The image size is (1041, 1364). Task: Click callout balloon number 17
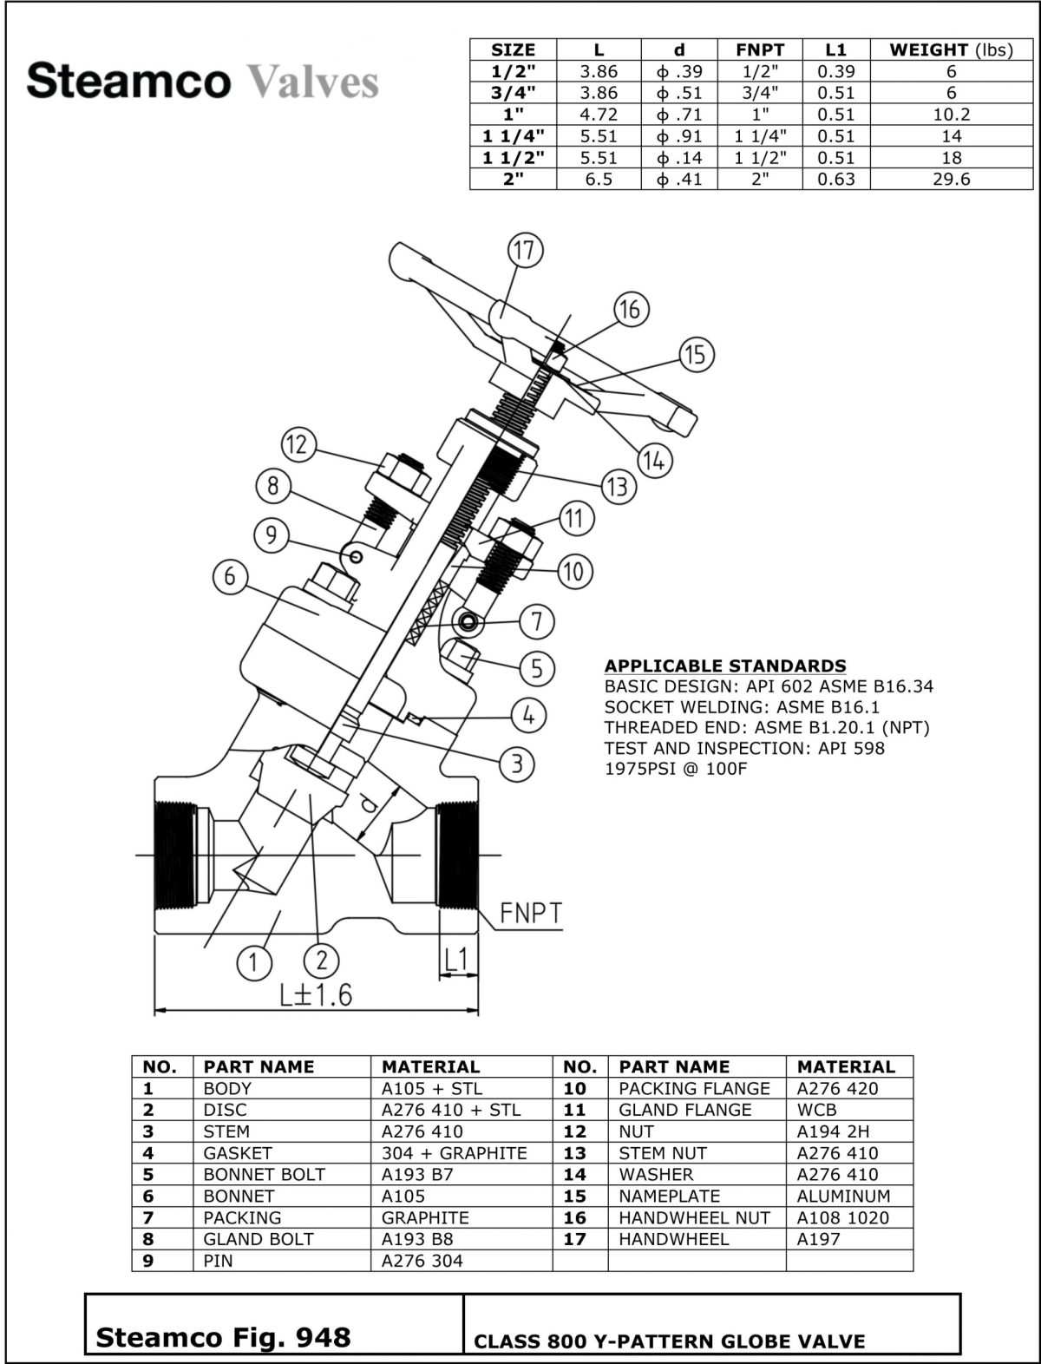(x=524, y=252)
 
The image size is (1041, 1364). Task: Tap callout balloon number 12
(x=297, y=445)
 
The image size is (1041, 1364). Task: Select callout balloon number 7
(x=537, y=621)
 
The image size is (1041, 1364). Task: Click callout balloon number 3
(x=517, y=764)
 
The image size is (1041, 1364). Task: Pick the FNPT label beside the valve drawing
(x=531, y=914)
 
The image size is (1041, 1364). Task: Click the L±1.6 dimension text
(x=316, y=993)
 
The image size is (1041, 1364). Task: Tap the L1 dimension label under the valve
(x=456, y=959)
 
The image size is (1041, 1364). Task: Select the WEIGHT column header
(x=951, y=49)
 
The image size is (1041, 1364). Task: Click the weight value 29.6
(x=951, y=180)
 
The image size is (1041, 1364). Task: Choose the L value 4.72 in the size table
(x=599, y=115)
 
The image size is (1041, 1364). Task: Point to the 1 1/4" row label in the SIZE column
(x=513, y=136)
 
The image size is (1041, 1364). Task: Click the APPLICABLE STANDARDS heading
(x=725, y=666)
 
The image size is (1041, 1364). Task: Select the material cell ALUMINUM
(x=843, y=1196)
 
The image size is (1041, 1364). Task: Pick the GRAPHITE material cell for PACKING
(x=425, y=1217)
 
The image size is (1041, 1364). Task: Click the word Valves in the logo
(x=313, y=82)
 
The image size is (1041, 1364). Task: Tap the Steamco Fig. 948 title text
(x=223, y=1337)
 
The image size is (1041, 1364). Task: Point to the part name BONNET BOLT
(x=264, y=1175)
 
